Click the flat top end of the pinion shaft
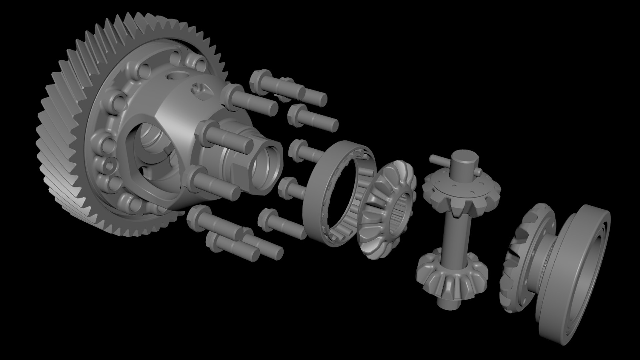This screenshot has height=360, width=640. coord(464,157)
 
